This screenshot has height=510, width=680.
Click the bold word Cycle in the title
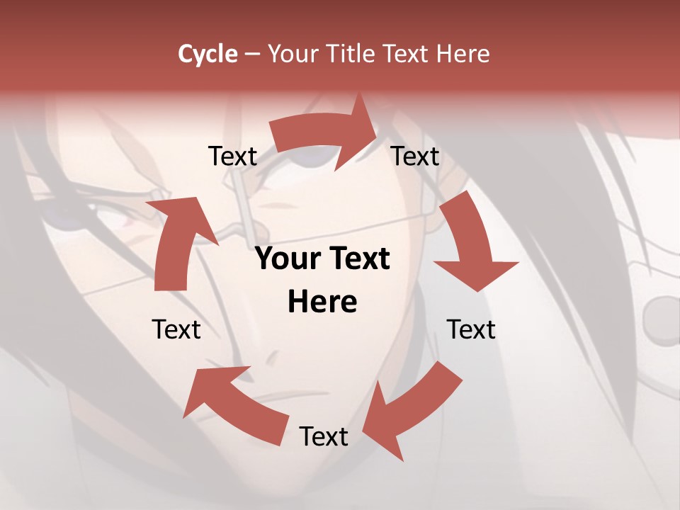tap(208, 54)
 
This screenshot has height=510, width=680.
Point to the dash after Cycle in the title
tap(253, 54)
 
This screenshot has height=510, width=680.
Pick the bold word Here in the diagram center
tap(322, 302)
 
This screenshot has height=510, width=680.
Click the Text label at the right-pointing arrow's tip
tap(415, 156)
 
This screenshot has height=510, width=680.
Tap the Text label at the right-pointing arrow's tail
tap(232, 156)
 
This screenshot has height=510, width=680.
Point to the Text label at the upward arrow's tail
tap(176, 329)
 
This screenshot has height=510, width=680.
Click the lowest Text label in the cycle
tap(324, 436)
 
